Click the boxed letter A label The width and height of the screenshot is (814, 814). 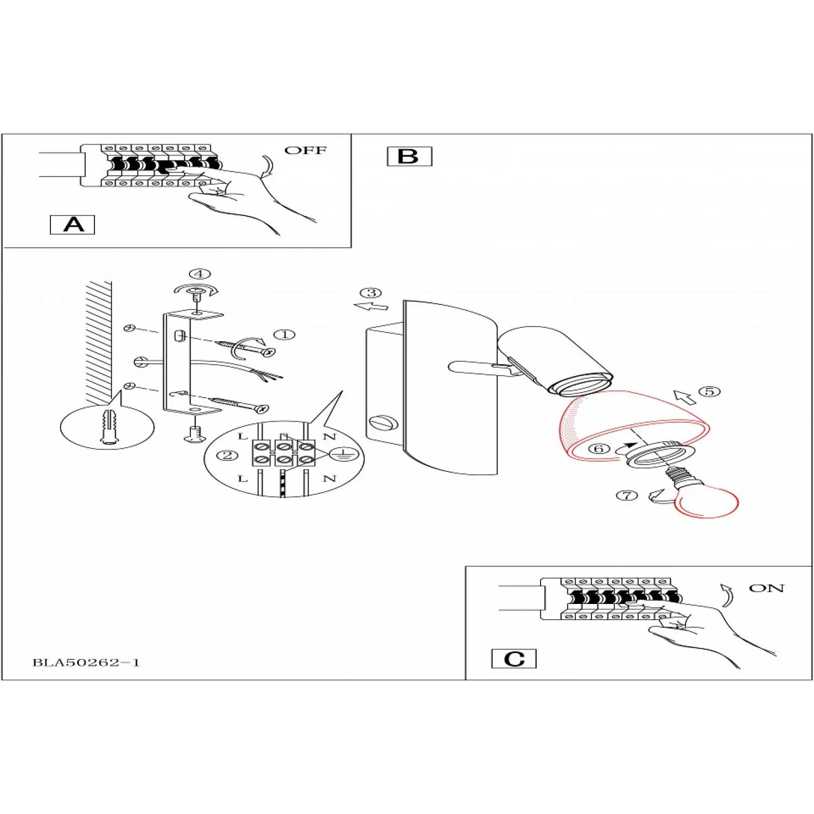72,225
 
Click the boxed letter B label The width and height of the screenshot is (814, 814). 409,156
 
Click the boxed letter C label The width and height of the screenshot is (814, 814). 513,659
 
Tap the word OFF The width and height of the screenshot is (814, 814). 306,150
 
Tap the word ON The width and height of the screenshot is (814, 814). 766,588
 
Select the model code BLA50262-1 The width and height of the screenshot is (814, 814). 86,663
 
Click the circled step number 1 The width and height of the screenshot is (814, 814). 284,335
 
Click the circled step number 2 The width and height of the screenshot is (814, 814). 227,455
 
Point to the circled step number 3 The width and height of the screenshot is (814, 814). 372,293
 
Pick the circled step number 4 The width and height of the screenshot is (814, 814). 200,274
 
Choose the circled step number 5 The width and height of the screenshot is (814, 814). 709,391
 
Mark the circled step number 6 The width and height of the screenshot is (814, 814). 599,449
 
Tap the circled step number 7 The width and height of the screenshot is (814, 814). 627,495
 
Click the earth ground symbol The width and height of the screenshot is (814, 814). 342,454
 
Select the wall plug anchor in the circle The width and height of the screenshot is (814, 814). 109,428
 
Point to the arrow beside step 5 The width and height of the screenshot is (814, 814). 684,397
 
